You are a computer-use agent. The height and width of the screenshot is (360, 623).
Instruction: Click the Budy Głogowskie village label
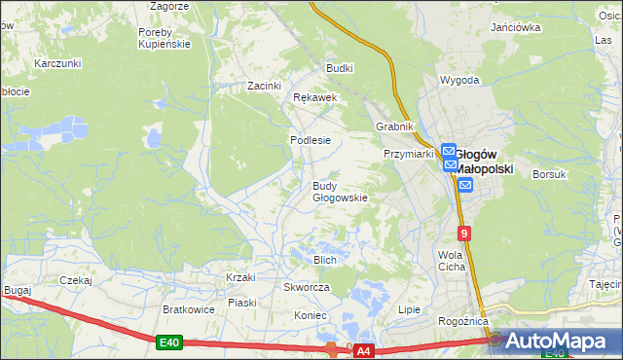pyautogui.click(x=340, y=192)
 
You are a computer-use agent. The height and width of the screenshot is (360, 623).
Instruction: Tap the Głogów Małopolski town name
pyautogui.click(x=486, y=161)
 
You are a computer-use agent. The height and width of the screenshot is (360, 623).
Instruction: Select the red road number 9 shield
pyautogui.click(x=465, y=234)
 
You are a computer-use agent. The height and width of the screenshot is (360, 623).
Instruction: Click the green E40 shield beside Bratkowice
pyautogui.click(x=168, y=342)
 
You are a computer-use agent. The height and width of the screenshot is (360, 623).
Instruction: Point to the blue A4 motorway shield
pyautogui.click(x=363, y=349)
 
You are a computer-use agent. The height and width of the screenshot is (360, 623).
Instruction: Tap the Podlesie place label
pyautogui.click(x=311, y=140)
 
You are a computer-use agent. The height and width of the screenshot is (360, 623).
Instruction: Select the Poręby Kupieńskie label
pyautogui.click(x=164, y=38)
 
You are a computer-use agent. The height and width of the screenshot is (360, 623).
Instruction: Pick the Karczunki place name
pyautogui.click(x=55, y=63)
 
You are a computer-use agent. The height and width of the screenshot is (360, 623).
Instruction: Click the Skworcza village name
pyautogui.click(x=307, y=288)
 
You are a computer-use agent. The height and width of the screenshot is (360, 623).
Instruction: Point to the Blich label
pyautogui.click(x=325, y=260)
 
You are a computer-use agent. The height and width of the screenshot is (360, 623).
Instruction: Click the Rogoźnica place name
pyautogui.click(x=463, y=322)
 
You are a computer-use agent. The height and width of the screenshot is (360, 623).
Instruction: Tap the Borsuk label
pyautogui.click(x=550, y=174)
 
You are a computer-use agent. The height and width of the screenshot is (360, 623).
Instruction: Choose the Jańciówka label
pyautogui.click(x=516, y=27)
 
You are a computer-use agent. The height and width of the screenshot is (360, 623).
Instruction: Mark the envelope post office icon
pyautogui.click(x=465, y=185)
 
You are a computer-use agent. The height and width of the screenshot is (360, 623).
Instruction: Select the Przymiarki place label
pyautogui.click(x=408, y=154)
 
